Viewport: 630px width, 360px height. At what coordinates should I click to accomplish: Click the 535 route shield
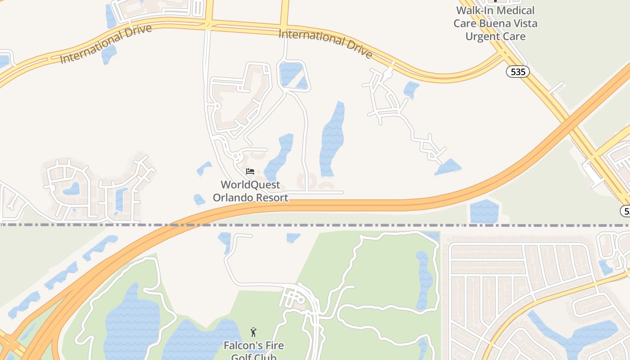click(518, 72)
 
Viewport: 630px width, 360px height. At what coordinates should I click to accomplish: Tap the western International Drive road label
click(106, 44)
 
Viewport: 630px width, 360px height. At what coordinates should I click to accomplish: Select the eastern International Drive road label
click(325, 44)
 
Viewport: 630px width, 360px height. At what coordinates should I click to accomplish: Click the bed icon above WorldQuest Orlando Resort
click(250, 171)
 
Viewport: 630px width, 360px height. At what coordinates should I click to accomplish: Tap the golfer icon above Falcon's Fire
click(253, 333)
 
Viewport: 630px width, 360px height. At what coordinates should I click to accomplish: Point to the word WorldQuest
click(250, 185)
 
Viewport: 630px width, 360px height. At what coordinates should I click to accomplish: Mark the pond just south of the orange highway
click(484, 211)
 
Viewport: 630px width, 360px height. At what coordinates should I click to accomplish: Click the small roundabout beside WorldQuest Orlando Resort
click(235, 157)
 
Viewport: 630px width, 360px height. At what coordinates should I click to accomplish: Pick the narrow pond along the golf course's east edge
click(423, 279)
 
